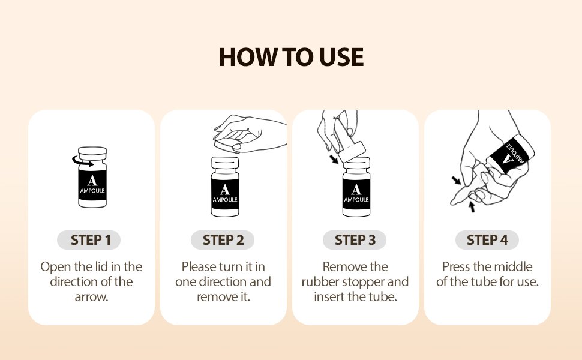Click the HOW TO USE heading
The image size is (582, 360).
pyautogui.click(x=291, y=57)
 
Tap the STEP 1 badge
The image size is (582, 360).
pyautogui.click(x=89, y=240)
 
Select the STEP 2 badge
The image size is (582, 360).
pyautogui.click(x=223, y=240)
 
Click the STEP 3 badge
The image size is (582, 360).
pyautogui.click(x=355, y=240)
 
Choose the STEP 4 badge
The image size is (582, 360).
pyautogui.click(x=487, y=240)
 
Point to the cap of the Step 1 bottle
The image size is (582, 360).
pyautogui.click(x=92, y=153)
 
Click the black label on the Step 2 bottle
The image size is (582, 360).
pyautogui.click(x=224, y=194)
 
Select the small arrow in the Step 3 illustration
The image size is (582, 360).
pyautogui.click(x=334, y=159)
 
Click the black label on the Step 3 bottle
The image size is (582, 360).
pyautogui.click(x=356, y=194)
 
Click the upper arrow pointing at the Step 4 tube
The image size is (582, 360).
pyautogui.click(x=456, y=181)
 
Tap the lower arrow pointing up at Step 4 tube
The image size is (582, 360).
pyautogui.click(x=472, y=207)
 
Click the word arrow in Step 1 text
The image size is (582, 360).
pyautogui.click(x=91, y=297)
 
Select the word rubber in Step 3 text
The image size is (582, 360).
pyautogui.click(x=320, y=281)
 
